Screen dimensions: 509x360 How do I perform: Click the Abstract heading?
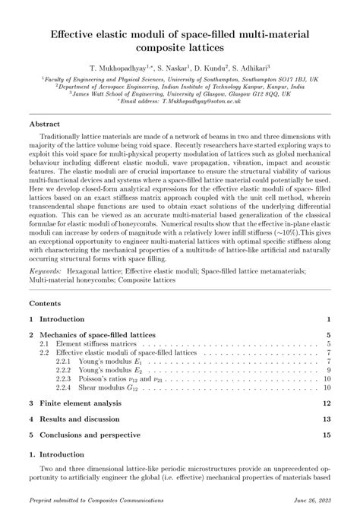click(46, 123)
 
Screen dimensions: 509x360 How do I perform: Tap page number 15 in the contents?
click(327, 435)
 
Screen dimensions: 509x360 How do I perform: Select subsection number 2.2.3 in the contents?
click(64, 377)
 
